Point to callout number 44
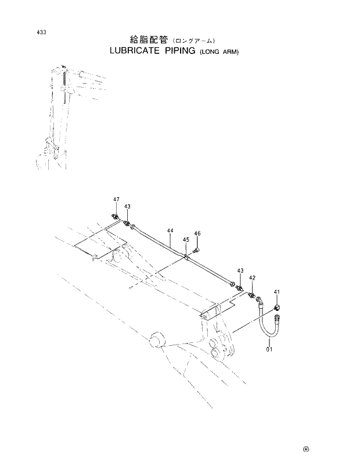coord(170,231)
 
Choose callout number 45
coord(186,240)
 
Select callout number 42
coord(252,278)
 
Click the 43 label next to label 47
coord(127,207)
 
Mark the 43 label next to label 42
coord(240,271)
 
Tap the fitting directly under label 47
coord(116,217)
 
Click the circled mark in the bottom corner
coord(304,448)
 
